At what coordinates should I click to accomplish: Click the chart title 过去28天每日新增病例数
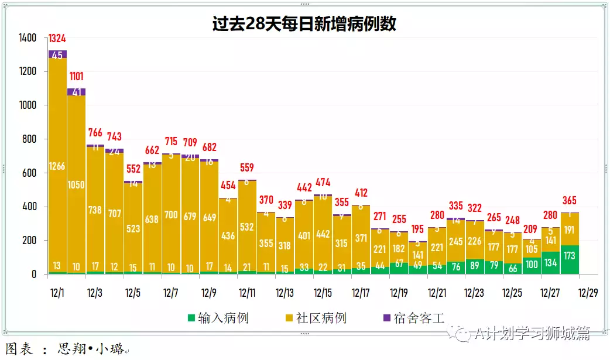tap(304, 23)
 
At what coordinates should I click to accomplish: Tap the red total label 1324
tap(57, 39)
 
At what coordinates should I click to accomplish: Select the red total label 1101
tap(76, 77)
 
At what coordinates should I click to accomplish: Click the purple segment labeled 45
tap(57, 55)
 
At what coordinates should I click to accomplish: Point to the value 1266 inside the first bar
tap(57, 166)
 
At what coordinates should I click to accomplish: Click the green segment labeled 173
tap(570, 256)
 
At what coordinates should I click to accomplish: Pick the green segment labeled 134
tap(550, 262)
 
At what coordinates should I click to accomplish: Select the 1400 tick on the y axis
tap(28, 38)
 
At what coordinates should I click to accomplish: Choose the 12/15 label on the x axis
tap(323, 293)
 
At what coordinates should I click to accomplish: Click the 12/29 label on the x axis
tap(588, 293)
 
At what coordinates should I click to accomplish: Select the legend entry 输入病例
tap(218, 318)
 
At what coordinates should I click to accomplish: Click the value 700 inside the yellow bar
tap(171, 215)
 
